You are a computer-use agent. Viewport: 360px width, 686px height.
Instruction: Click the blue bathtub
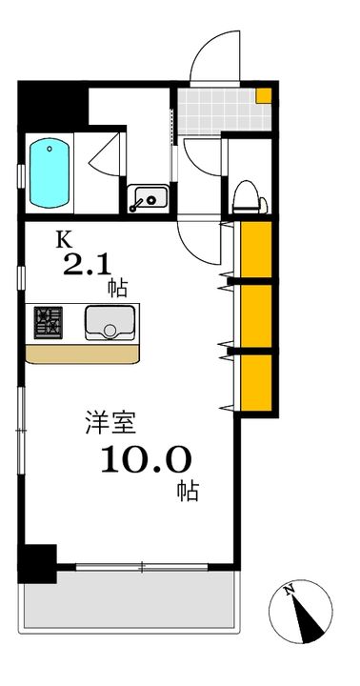tap(49, 172)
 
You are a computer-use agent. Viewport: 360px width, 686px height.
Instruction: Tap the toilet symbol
tap(250, 197)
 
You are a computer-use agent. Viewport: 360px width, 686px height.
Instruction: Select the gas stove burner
tap(49, 322)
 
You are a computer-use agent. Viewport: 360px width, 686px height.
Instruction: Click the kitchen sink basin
tap(110, 322)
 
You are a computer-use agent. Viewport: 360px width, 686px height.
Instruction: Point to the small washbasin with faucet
tap(148, 199)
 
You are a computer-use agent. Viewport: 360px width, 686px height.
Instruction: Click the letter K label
tap(62, 240)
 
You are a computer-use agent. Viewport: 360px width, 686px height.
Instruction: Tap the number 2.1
tap(88, 265)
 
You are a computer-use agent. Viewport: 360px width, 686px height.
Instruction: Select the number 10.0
tap(146, 460)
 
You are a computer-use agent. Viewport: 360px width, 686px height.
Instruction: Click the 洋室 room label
tap(110, 423)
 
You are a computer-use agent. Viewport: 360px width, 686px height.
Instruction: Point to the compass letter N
tap(289, 591)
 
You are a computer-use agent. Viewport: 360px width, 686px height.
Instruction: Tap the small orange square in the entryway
tap(263, 95)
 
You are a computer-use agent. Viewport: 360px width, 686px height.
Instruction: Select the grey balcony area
tap(129, 599)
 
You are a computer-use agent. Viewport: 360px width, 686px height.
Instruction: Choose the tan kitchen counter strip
tap(82, 353)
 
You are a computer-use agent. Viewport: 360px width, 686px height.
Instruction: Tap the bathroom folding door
tap(105, 155)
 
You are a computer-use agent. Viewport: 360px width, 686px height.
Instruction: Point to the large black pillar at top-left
tap(52, 105)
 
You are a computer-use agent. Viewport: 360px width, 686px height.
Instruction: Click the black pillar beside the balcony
tap(37, 563)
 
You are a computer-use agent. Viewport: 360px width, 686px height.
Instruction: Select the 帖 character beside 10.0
tap(188, 491)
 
